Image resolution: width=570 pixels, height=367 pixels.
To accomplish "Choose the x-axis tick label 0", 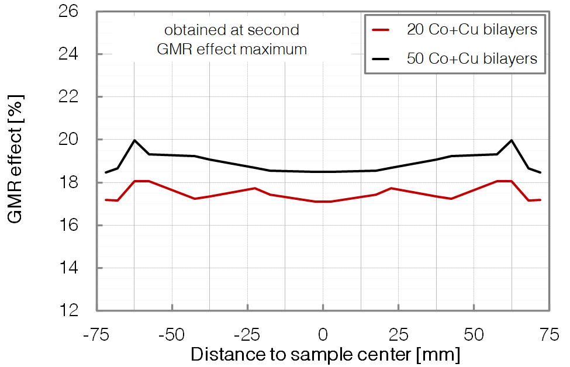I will point(323,335).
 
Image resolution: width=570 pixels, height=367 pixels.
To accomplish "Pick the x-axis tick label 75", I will point(548,335).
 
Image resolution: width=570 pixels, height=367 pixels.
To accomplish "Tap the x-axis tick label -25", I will point(247,335).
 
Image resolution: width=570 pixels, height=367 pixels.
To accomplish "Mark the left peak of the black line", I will point(134,140).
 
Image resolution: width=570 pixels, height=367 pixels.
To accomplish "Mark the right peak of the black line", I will point(512,140).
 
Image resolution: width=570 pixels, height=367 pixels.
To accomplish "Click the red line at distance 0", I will point(323,202).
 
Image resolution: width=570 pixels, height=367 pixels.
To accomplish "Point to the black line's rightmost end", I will point(541,172).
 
